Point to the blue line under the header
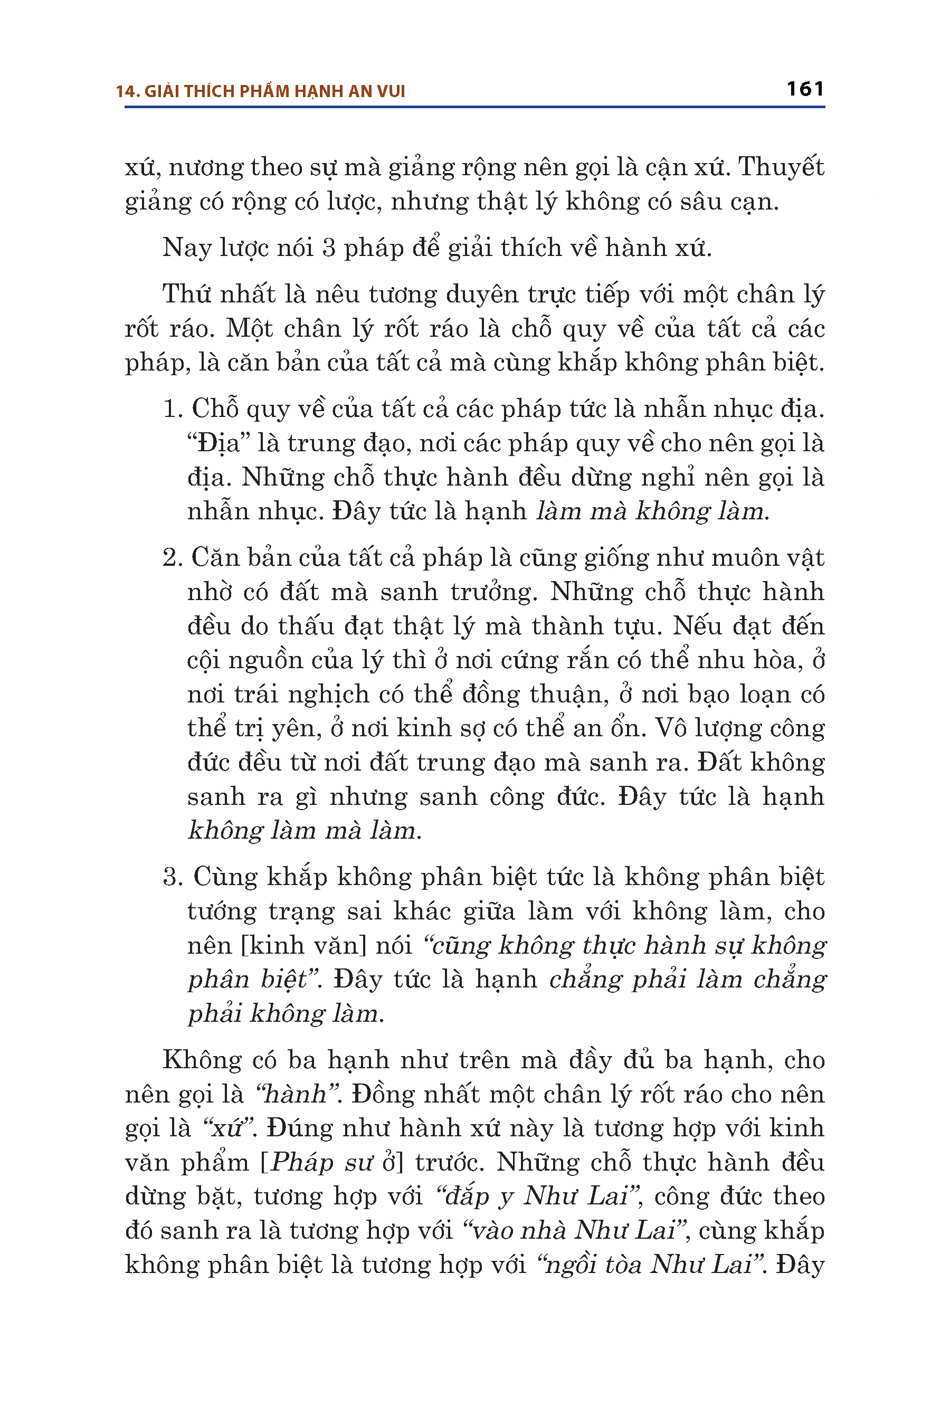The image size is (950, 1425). [474, 107]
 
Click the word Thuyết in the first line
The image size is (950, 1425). [781, 167]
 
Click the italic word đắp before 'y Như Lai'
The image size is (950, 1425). [467, 1196]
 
